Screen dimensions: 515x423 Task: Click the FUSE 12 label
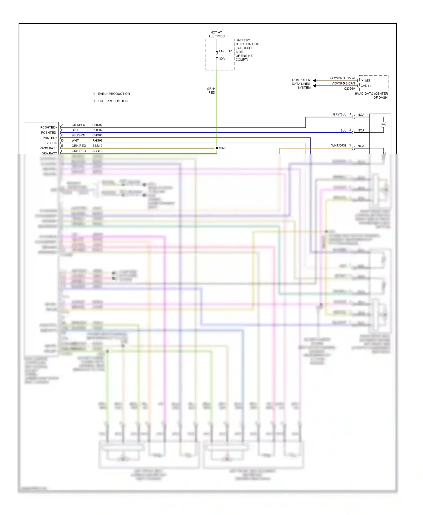225,51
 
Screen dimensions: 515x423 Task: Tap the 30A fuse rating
222,59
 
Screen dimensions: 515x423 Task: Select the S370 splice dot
217,148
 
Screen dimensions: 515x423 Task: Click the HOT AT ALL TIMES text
216,34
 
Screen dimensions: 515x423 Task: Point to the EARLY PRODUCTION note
114,94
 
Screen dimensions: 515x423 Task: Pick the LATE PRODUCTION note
113,101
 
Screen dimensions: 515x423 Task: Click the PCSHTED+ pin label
49,127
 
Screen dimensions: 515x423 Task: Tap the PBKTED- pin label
50,143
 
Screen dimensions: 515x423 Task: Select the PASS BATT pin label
48,148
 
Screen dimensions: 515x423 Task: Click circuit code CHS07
97,125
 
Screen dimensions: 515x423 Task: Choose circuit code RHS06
97,141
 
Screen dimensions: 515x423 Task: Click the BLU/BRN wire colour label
78,135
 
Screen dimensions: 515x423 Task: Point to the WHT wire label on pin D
75,141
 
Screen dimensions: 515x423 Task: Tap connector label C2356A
349,89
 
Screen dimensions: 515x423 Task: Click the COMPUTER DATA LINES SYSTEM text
301,84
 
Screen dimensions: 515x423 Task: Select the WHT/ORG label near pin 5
339,146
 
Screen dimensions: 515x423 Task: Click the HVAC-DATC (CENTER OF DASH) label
371,96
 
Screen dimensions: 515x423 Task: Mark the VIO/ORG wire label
338,83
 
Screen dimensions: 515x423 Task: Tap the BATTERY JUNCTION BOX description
247,50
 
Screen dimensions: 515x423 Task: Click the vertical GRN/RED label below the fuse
211,91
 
